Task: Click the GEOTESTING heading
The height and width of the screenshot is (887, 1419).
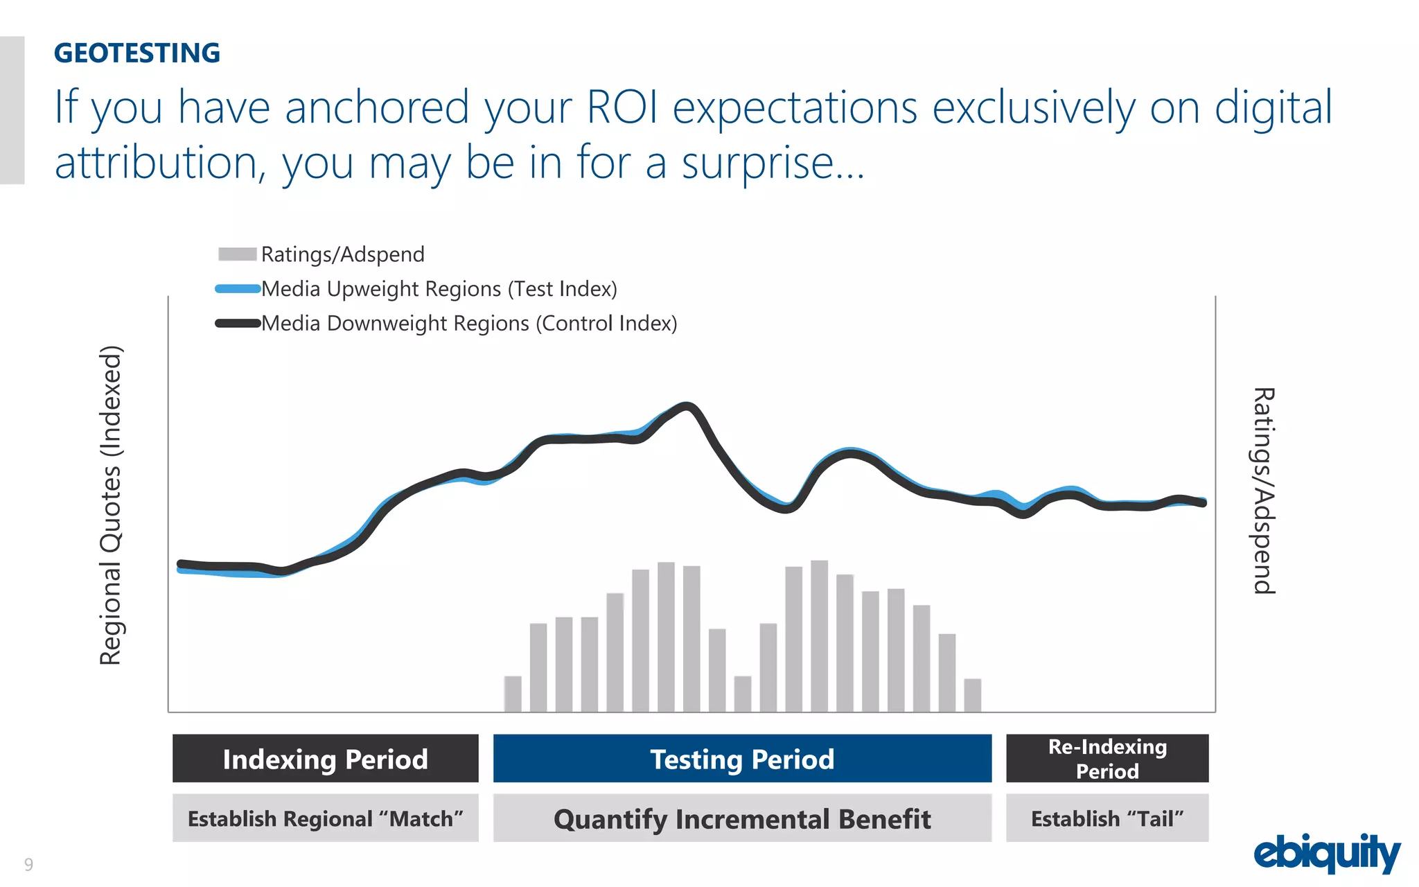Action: tap(137, 53)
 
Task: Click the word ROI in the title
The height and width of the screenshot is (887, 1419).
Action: tap(622, 108)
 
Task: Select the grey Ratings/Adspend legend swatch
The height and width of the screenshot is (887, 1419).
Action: tap(237, 254)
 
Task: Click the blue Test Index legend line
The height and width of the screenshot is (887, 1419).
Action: tap(237, 289)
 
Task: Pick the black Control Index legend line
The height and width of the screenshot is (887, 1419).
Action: tap(237, 324)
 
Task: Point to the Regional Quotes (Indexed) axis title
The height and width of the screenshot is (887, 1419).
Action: tap(111, 505)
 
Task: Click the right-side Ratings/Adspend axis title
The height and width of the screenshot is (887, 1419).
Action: tap(1264, 491)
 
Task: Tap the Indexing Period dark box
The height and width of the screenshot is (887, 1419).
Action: tap(325, 759)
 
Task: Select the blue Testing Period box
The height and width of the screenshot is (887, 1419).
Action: tap(742, 759)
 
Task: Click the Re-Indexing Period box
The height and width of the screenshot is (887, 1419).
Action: tap(1107, 759)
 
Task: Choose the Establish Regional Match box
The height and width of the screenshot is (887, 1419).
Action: tap(325, 818)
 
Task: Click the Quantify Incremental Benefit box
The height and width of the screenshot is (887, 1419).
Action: tap(742, 818)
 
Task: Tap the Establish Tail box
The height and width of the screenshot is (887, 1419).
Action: tap(1107, 818)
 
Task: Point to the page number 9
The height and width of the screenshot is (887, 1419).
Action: tap(28, 864)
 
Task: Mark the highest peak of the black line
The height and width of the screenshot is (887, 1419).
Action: tap(687, 407)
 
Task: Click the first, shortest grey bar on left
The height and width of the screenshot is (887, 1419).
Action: tap(513, 694)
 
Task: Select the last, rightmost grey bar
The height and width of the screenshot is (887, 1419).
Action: tap(972, 695)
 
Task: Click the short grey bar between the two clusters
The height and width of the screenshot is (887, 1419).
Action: tap(742, 694)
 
